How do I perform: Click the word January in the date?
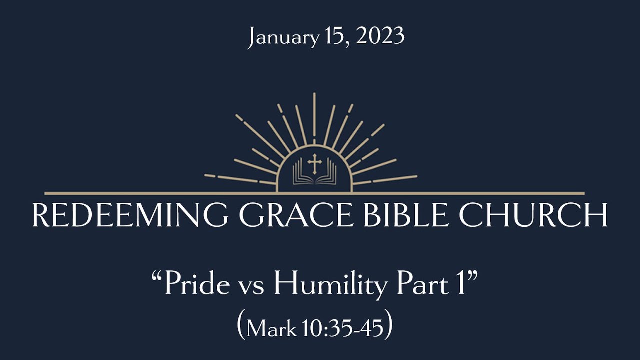coord(283,38)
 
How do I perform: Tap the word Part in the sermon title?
coord(422,285)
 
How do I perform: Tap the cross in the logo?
coord(314,163)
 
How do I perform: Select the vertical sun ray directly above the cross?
coord(314,115)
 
